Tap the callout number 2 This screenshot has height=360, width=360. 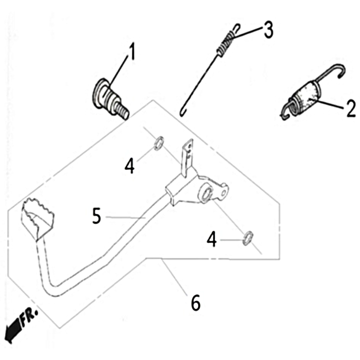pyautogui.click(x=351, y=109)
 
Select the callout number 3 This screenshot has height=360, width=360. pyautogui.click(x=268, y=30)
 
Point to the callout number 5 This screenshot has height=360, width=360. pyautogui.click(x=96, y=216)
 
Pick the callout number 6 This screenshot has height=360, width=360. pyautogui.click(x=196, y=302)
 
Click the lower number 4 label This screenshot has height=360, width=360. pyautogui.click(x=211, y=239)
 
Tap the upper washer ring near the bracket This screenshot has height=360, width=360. pyautogui.click(x=159, y=144)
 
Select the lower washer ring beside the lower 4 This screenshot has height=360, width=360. pyautogui.click(x=247, y=238)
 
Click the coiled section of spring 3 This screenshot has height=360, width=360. pyautogui.click(x=227, y=44)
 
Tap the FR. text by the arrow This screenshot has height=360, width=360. pyautogui.click(x=29, y=317)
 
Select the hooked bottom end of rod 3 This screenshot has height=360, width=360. pyautogui.click(x=183, y=113)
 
